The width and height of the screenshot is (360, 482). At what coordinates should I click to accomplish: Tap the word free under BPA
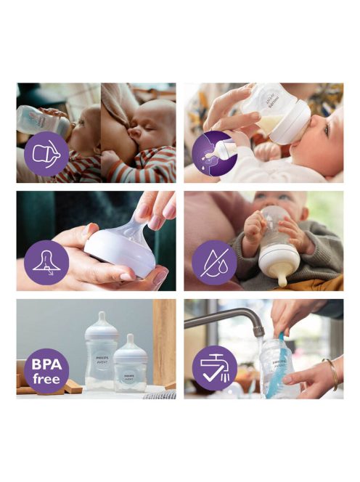46,377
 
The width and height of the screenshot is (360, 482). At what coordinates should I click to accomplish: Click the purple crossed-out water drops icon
214,261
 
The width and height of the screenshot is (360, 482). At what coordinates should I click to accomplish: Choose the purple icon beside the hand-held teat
46,261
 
